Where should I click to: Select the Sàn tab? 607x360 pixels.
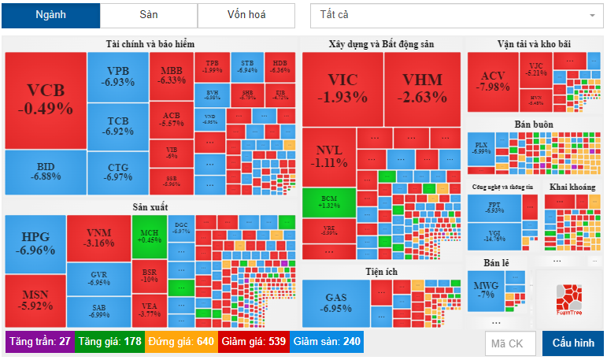coord(148,16)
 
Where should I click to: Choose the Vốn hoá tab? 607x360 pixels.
coord(246,16)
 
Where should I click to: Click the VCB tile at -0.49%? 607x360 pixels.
coord(45,100)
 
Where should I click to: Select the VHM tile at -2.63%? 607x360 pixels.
coord(422,87)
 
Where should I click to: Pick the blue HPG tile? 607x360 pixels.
coord(35,243)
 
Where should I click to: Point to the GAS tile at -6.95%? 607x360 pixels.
coord(336,303)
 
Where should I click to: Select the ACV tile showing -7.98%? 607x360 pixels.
coord(493,80)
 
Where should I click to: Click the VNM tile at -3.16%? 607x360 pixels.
coord(98,237)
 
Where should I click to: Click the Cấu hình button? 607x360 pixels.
coord(572,343)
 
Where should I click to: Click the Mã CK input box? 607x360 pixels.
coord(509,343)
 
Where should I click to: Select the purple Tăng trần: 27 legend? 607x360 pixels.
coord(40,342)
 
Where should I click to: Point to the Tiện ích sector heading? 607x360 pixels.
coord(381,272)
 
